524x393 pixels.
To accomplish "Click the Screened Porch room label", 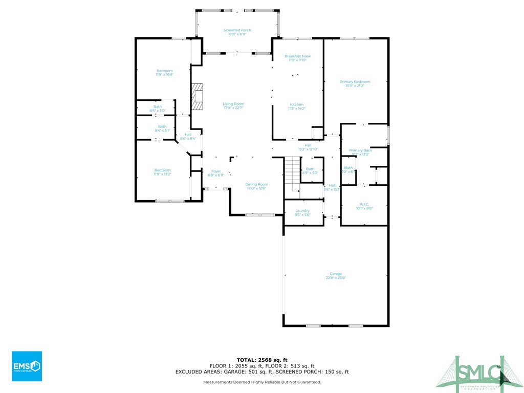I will coord(237,31).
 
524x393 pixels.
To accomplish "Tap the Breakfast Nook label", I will coord(298,56).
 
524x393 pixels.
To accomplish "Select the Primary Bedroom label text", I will coord(355,82).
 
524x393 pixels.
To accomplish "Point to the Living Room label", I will coord(233,104).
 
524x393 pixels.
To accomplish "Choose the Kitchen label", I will coord(297,104).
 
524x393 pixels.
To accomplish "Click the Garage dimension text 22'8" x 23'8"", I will coord(336,278).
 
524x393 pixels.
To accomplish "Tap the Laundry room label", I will coord(302,211).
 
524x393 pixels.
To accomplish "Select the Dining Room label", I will coord(256,184).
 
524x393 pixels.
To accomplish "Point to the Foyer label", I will coord(216,171).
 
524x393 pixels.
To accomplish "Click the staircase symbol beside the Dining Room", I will coord(292,174).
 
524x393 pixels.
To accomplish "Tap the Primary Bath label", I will coord(360,150).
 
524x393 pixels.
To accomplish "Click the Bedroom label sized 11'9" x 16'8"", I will coord(165,71).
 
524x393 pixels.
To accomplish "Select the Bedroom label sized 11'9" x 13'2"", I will coord(162,170).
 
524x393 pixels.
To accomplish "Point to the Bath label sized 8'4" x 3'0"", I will coord(158,107).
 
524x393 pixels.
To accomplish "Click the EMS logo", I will coord(27,366).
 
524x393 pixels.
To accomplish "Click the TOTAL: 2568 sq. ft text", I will coord(261,360).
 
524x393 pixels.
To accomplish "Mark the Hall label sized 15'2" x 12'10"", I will coord(308,145).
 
